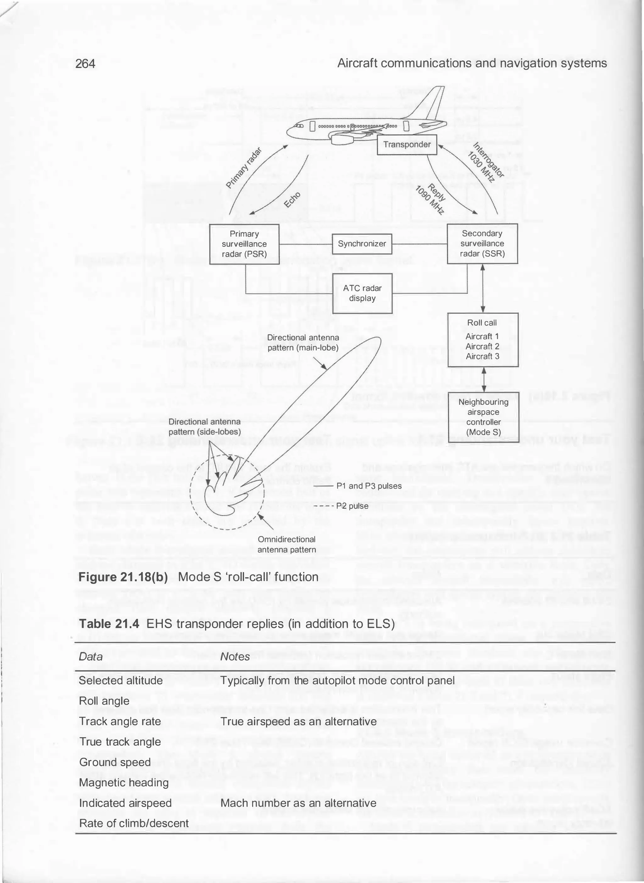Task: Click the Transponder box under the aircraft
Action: pos(407,145)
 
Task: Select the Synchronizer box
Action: pos(362,244)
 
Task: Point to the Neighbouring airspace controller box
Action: pos(483,417)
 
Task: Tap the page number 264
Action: pos(85,63)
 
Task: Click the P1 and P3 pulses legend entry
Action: pos(369,486)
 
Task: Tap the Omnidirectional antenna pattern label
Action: pos(286,544)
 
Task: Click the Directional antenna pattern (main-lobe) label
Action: pos(303,342)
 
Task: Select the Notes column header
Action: pos(235,657)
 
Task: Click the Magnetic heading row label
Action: pos(124,782)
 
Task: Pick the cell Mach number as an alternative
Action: pos(298,803)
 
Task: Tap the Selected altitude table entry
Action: pos(121,681)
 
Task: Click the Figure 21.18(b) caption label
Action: pos(123,577)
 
